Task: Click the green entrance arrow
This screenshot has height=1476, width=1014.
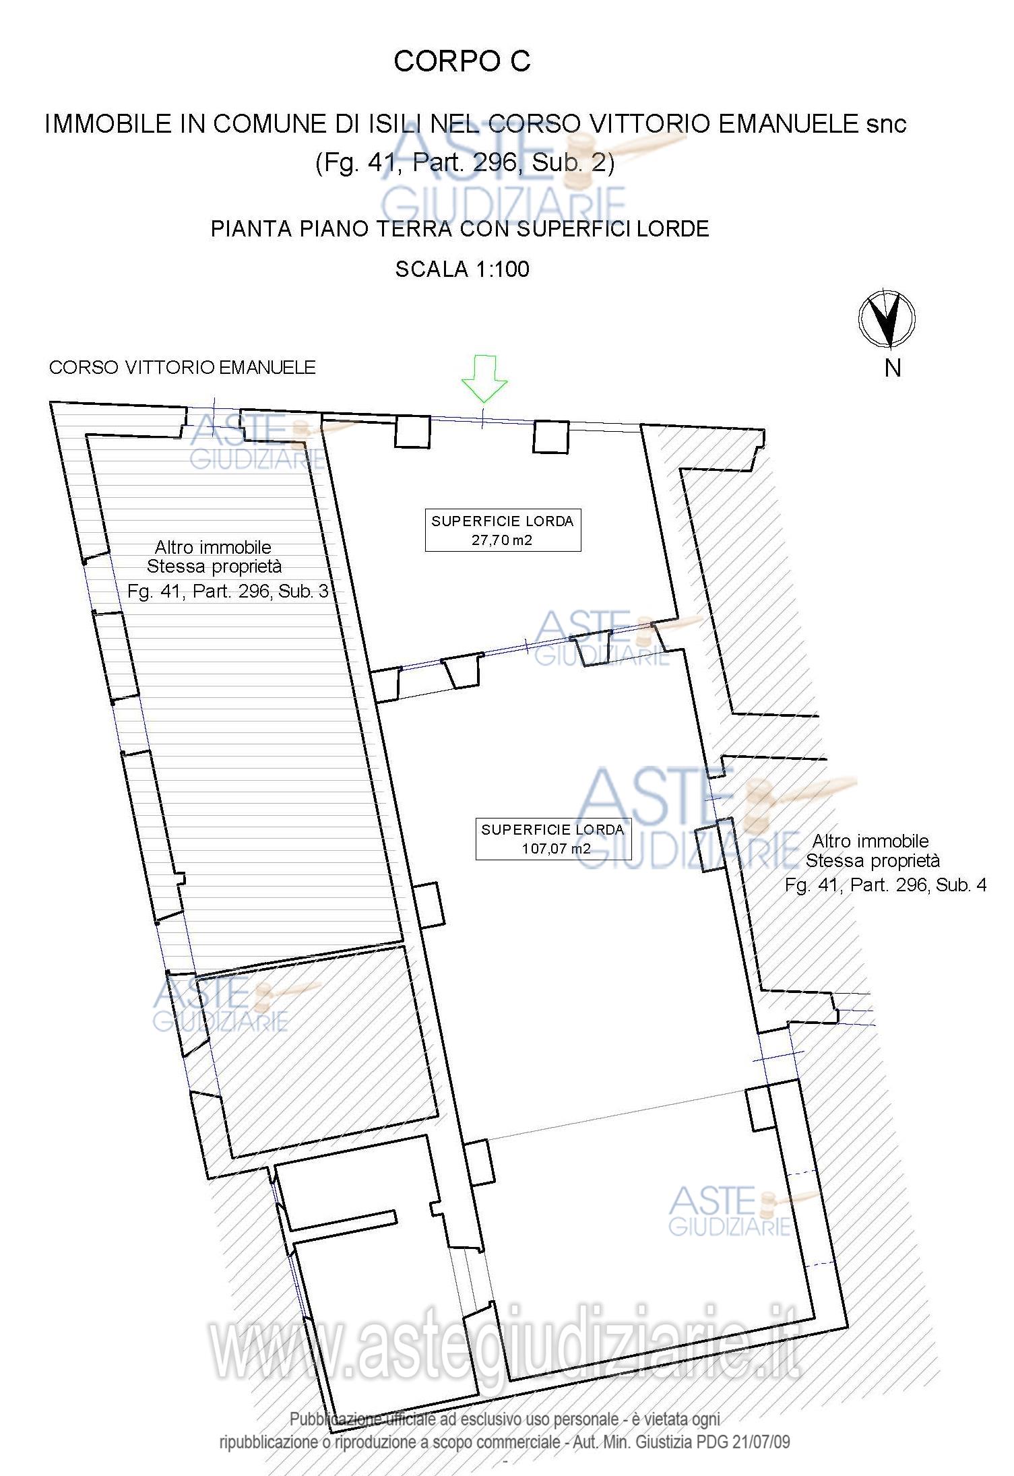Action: point(484,379)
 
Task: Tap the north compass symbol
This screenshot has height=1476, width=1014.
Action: point(887,319)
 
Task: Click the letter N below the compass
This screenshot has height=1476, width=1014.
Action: point(893,368)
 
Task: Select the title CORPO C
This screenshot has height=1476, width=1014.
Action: point(462,61)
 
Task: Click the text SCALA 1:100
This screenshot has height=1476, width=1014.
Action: point(462,269)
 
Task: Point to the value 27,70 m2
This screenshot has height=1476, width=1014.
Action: point(502,540)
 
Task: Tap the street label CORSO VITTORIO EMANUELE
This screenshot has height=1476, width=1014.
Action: point(183,367)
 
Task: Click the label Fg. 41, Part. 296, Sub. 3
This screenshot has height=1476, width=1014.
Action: point(228,591)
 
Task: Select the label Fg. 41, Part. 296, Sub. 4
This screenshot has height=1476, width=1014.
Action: point(885,885)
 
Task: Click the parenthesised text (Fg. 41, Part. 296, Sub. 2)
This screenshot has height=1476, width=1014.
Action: point(465,164)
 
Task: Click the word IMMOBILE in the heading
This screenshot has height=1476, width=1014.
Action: point(108,124)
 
